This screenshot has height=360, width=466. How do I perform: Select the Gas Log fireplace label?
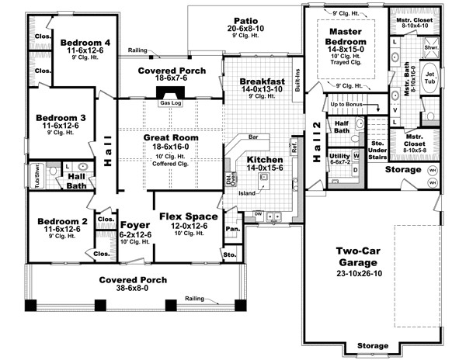point(169,102)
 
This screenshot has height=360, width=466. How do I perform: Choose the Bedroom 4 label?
point(85,42)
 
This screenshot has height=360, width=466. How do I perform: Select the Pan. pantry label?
point(230,229)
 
